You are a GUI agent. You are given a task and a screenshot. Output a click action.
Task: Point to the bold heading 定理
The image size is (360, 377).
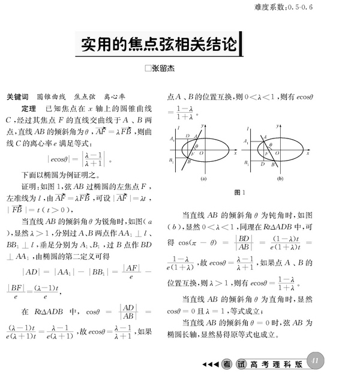click(x=28, y=110)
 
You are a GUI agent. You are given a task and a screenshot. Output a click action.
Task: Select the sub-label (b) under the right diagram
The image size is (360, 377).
click(x=280, y=179)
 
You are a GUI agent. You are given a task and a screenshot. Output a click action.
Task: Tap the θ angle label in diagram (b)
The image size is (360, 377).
click(x=271, y=145)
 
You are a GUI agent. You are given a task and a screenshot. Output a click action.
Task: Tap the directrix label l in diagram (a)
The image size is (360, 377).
click(x=178, y=128)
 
